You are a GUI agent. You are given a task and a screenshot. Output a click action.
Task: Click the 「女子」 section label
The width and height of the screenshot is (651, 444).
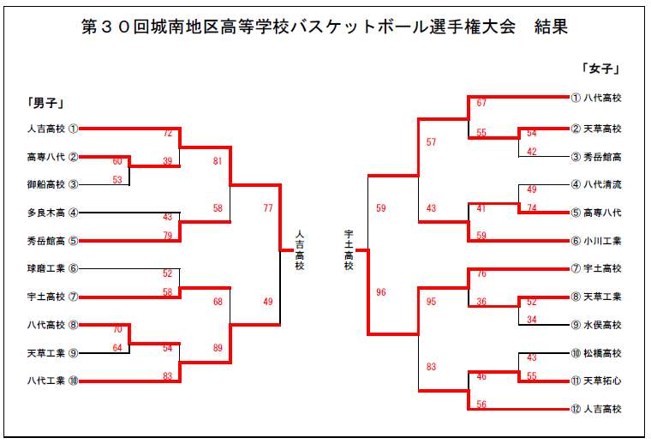[x=600, y=69]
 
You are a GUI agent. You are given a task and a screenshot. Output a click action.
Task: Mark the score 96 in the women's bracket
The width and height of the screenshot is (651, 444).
[x=381, y=292]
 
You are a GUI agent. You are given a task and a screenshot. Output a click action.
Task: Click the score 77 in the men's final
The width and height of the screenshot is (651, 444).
[x=268, y=208]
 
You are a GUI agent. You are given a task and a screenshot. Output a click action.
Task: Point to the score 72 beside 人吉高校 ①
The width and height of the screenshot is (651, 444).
[x=168, y=134]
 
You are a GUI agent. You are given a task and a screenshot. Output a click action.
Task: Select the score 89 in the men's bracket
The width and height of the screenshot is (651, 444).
[x=218, y=348]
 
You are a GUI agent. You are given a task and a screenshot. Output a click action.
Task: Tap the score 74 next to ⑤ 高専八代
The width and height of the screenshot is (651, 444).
[x=532, y=208]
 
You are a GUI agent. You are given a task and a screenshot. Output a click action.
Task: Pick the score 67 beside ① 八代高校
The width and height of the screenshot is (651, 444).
[x=481, y=104]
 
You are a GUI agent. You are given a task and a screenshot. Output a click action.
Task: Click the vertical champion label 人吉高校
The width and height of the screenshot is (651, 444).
[x=299, y=249]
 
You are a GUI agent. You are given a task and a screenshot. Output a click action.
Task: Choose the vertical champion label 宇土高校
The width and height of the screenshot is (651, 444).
[x=349, y=249]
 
